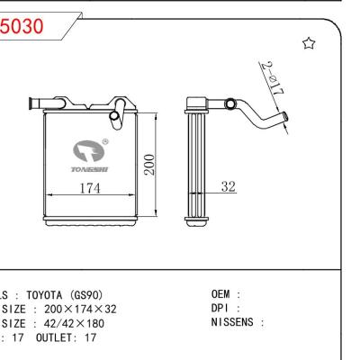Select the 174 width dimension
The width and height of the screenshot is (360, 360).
pos(88,188)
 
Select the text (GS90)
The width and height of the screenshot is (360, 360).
pos(90,295)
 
